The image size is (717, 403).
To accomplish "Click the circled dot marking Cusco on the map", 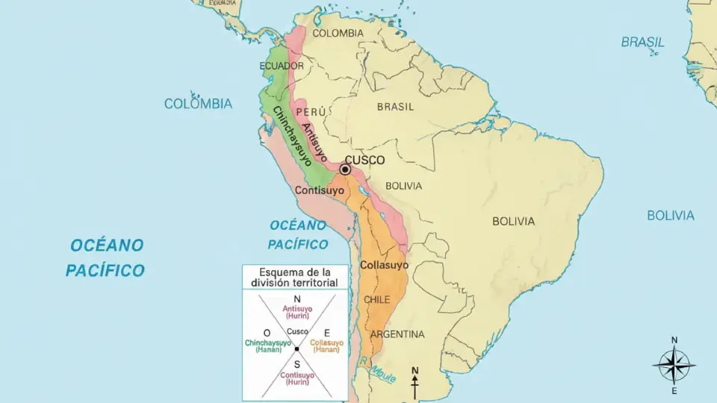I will (345, 170).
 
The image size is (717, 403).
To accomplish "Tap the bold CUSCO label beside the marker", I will (365, 160).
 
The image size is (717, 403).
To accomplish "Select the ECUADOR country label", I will (282, 66).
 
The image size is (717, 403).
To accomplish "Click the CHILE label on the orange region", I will (377, 299).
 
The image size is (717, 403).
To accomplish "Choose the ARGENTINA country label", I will (397, 334).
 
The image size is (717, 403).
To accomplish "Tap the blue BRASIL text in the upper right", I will (642, 43).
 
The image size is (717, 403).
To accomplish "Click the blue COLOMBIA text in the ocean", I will (198, 104).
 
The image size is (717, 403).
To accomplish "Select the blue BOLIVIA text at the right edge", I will (670, 216).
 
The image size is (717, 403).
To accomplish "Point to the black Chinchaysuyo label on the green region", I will (292, 136).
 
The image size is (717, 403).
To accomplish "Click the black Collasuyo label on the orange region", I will (384, 265).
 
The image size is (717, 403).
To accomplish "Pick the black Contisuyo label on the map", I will (319, 191).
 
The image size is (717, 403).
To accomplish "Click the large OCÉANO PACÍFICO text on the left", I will (105, 257).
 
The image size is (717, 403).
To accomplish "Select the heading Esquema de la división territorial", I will (294, 277).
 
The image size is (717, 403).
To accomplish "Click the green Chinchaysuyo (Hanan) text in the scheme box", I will (268, 346).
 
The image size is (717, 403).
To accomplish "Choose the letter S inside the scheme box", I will (297, 364).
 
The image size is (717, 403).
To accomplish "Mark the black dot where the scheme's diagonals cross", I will (297, 349).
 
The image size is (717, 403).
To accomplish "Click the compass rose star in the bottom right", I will (674, 366).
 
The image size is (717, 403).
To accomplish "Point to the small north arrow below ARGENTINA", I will (415, 381).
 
